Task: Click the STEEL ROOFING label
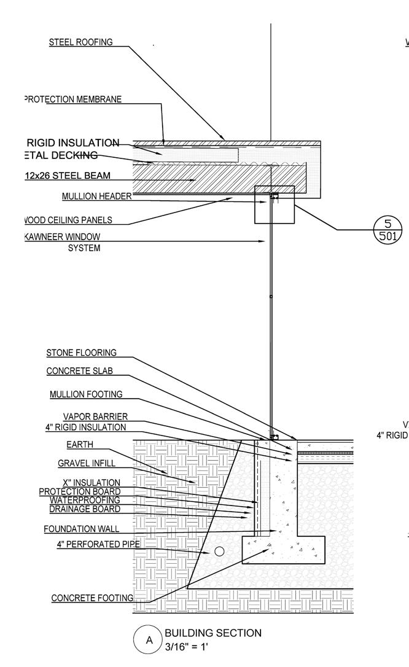[x=81, y=42]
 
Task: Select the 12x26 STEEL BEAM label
[x=68, y=176]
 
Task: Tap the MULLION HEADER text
[x=96, y=197]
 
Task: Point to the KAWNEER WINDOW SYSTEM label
[x=64, y=242]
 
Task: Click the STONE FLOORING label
[x=82, y=353]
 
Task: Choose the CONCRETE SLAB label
[x=79, y=371]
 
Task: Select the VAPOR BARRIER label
[x=95, y=418]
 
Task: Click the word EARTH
[x=80, y=445]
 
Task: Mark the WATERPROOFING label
[x=85, y=500]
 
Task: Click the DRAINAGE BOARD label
[x=85, y=509]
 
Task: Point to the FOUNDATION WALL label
[x=82, y=529]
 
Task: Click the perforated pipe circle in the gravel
[x=219, y=552]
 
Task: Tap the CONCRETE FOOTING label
[x=92, y=598]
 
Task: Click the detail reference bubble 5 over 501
[x=388, y=229]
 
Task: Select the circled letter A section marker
[x=149, y=641]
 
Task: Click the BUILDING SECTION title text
[x=212, y=633]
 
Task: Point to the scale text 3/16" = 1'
[x=187, y=647]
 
